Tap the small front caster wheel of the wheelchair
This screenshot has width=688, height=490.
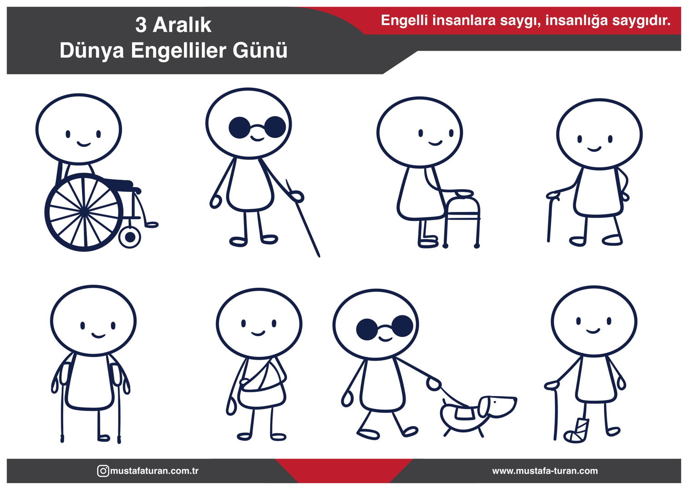coord(130,237)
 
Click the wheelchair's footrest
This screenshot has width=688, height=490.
coord(151,225)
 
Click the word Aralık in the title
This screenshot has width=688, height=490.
coord(182,25)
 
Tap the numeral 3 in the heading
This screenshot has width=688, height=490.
coord(141,25)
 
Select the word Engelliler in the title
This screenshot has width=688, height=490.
coord(178,51)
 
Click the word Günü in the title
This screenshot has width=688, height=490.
coord(260,51)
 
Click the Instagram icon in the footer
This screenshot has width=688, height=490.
coord(103,470)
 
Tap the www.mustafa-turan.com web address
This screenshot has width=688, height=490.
coord(545,470)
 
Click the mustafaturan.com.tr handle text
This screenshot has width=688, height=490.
coord(154,470)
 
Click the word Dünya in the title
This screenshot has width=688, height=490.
coord(92,51)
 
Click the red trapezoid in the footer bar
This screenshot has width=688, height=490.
coord(344,470)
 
